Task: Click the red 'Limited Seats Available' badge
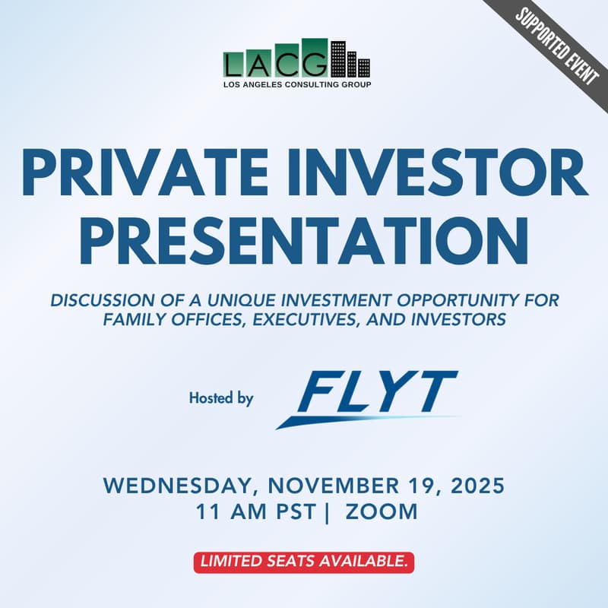click(x=303, y=562)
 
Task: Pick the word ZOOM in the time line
click(x=382, y=511)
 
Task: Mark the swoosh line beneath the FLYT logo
click(x=365, y=420)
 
